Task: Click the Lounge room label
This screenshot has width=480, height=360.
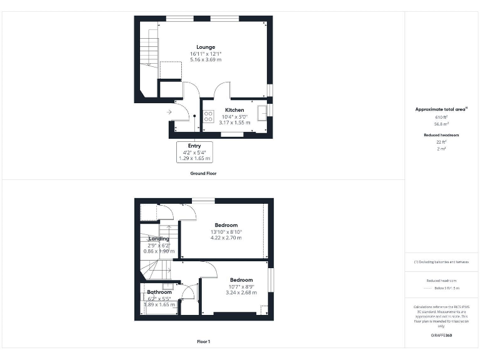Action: (x=206, y=47)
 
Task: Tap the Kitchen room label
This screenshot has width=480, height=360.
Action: (x=234, y=110)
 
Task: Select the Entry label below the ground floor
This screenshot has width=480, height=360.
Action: (x=194, y=146)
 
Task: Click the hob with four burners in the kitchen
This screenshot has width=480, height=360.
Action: (x=208, y=116)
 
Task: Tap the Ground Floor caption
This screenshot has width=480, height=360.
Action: (x=203, y=173)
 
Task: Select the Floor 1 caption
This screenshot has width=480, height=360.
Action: (x=203, y=341)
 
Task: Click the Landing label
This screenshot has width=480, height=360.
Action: (x=159, y=239)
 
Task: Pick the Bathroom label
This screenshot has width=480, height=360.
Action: (x=159, y=292)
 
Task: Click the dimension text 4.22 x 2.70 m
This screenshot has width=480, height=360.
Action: (x=226, y=238)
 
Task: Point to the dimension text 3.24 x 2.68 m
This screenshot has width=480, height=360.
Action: (x=241, y=292)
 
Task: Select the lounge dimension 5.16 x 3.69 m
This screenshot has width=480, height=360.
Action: (x=206, y=61)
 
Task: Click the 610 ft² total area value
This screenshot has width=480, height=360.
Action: (x=441, y=117)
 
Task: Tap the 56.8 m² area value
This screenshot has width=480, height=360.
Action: (x=441, y=124)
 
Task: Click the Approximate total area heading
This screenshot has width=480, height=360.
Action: (x=441, y=109)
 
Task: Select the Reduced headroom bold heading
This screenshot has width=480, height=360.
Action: (x=441, y=135)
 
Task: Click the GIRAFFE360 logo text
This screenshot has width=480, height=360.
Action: (x=441, y=336)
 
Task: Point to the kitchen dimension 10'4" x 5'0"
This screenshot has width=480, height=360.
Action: (x=234, y=116)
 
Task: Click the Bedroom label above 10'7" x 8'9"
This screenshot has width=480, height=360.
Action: (x=241, y=279)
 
